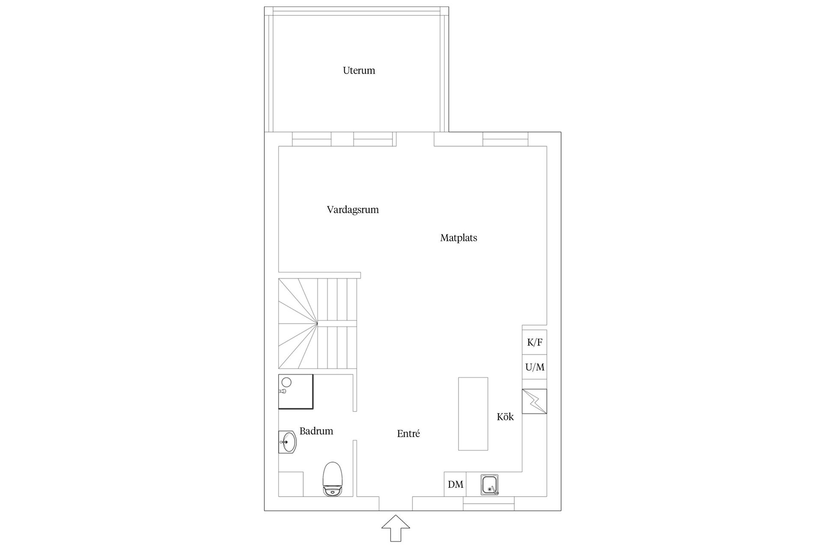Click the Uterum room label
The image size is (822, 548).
(359, 70)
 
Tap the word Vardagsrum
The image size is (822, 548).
(353, 210)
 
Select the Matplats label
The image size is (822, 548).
(459, 238)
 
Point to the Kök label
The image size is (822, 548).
(505, 417)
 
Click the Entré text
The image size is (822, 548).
(408, 434)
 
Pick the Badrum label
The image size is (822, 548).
(316, 431)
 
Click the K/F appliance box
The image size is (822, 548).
(534, 342)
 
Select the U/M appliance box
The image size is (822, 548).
(534, 367)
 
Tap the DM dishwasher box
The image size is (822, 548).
(455, 484)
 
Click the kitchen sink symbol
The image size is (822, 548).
(490, 485)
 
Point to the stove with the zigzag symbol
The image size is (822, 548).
(534, 401)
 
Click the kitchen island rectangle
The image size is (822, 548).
(473, 414)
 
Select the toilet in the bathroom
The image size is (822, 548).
(333, 479)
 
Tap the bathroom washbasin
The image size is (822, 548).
(287, 442)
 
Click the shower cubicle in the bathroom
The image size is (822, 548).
(296, 391)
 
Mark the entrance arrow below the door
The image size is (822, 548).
(396, 528)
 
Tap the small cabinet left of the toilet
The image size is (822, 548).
(291, 484)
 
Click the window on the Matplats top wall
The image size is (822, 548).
(506, 139)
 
